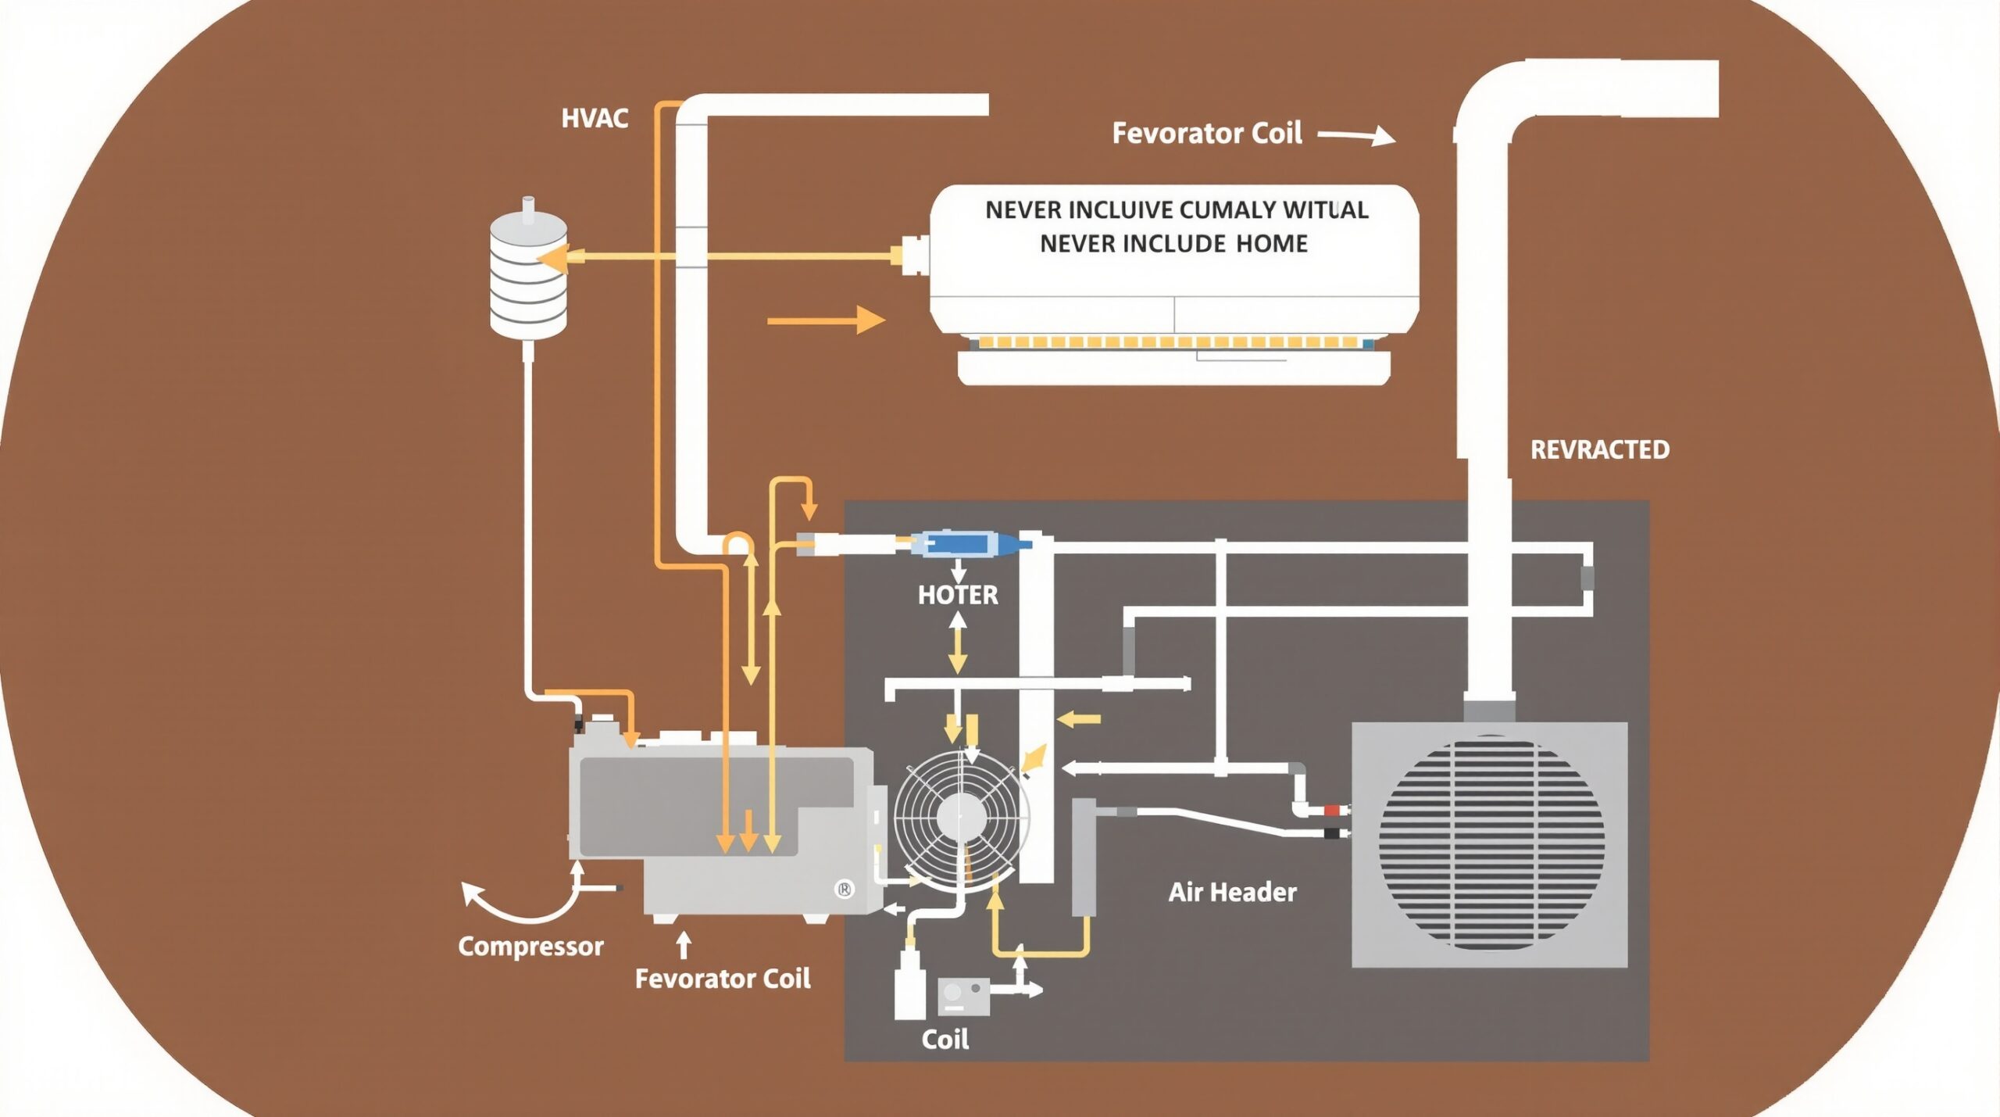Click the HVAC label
(x=595, y=119)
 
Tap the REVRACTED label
(x=1599, y=449)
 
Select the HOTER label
(x=958, y=595)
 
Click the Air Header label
(x=1232, y=892)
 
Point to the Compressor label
(x=530, y=947)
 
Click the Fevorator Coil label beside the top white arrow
(x=1206, y=133)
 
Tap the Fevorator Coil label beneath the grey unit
(x=722, y=979)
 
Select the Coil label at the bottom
(x=945, y=1040)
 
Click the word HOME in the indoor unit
(x=1271, y=244)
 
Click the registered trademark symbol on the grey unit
(x=845, y=889)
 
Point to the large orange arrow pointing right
(x=826, y=320)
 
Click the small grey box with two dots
(x=962, y=996)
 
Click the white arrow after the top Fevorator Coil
(x=1357, y=136)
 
